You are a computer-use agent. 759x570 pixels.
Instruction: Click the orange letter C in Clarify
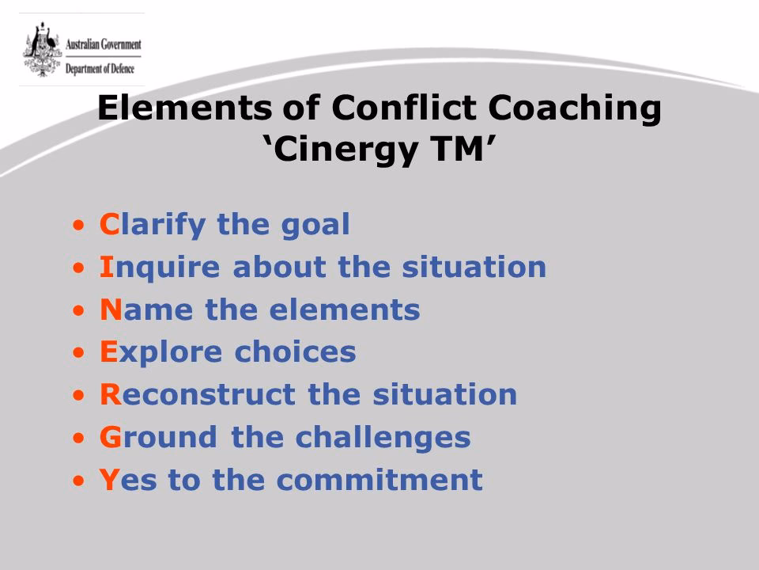109,225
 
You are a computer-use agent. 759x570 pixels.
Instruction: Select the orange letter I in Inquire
105,268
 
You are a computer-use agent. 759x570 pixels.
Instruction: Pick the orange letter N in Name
110,310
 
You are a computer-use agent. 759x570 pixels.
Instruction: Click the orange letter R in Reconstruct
109,394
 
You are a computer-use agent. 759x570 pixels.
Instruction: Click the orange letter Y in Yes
109,480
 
